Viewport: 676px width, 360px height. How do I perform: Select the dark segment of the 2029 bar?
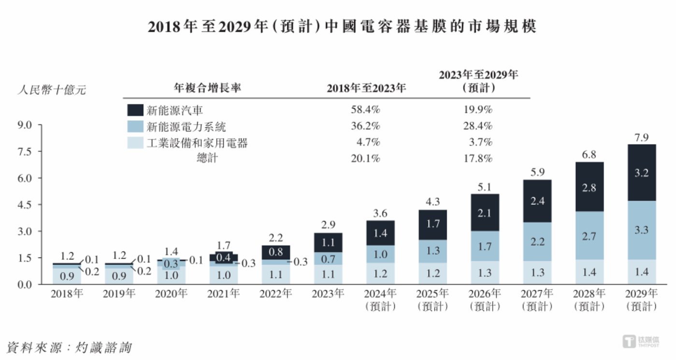tap(642, 173)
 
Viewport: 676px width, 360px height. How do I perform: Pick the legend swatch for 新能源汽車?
tap(135, 110)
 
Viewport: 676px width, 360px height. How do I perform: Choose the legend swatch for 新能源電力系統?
tap(135, 127)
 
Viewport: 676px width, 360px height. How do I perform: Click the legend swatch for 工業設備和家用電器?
tap(135, 143)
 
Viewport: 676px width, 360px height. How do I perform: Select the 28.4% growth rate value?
tap(478, 127)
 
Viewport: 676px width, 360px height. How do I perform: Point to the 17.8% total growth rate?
tap(478, 158)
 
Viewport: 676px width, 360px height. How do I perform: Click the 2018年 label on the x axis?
tap(67, 294)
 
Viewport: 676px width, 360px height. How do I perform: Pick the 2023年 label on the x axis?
tap(329, 294)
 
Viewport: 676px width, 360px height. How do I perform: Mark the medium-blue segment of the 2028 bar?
tap(589, 236)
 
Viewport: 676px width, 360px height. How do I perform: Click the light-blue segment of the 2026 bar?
tap(485, 273)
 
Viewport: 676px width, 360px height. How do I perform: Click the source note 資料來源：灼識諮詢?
tap(69, 347)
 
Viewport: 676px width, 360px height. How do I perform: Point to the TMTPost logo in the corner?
tap(641, 341)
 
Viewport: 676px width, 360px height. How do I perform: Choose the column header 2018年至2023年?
tap(366, 88)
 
